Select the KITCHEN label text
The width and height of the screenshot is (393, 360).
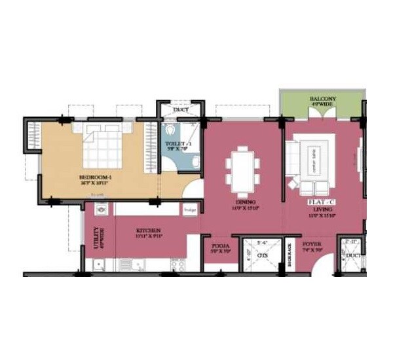pyautogui.click(x=148, y=230)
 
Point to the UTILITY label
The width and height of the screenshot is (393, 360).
pyautogui.click(x=96, y=235)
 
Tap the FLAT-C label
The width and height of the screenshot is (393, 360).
pyautogui.click(x=322, y=203)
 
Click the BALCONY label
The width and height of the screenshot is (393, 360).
pyautogui.click(x=322, y=99)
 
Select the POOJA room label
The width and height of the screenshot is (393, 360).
pyautogui.click(x=217, y=247)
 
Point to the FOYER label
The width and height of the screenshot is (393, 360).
pyautogui.click(x=311, y=246)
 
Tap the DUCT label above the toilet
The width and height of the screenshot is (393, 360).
pyautogui.click(x=181, y=109)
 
